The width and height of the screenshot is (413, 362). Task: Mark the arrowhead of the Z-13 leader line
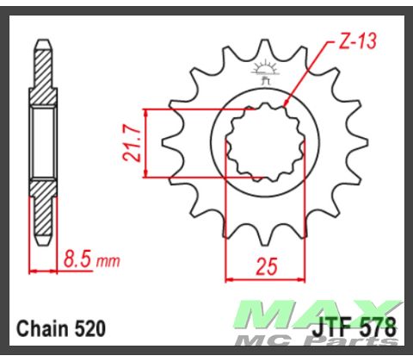tap(287, 105)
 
